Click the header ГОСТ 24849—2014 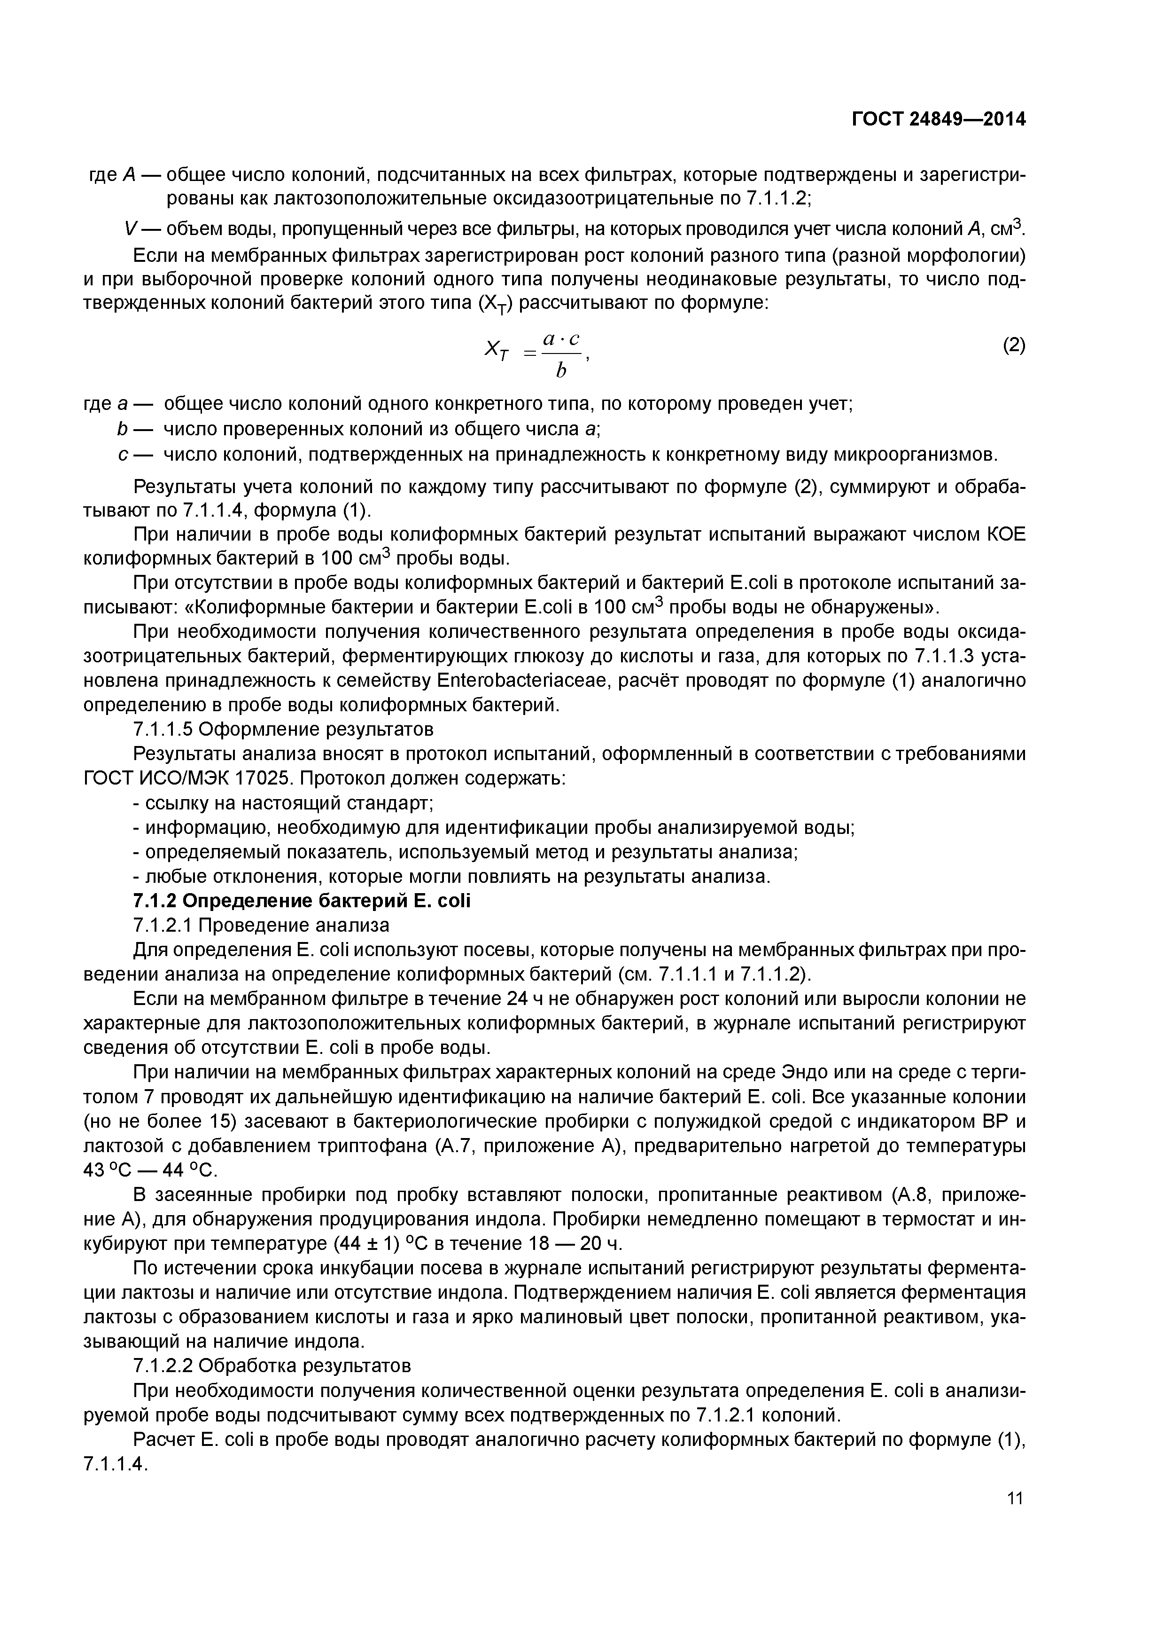[x=938, y=119]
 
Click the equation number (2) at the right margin [x=1014, y=346]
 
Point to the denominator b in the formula [x=560, y=370]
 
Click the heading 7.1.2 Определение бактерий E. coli [x=302, y=901]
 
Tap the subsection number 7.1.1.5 [x=163, y=730]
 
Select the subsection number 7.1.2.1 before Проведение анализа [x=163, y=925]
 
